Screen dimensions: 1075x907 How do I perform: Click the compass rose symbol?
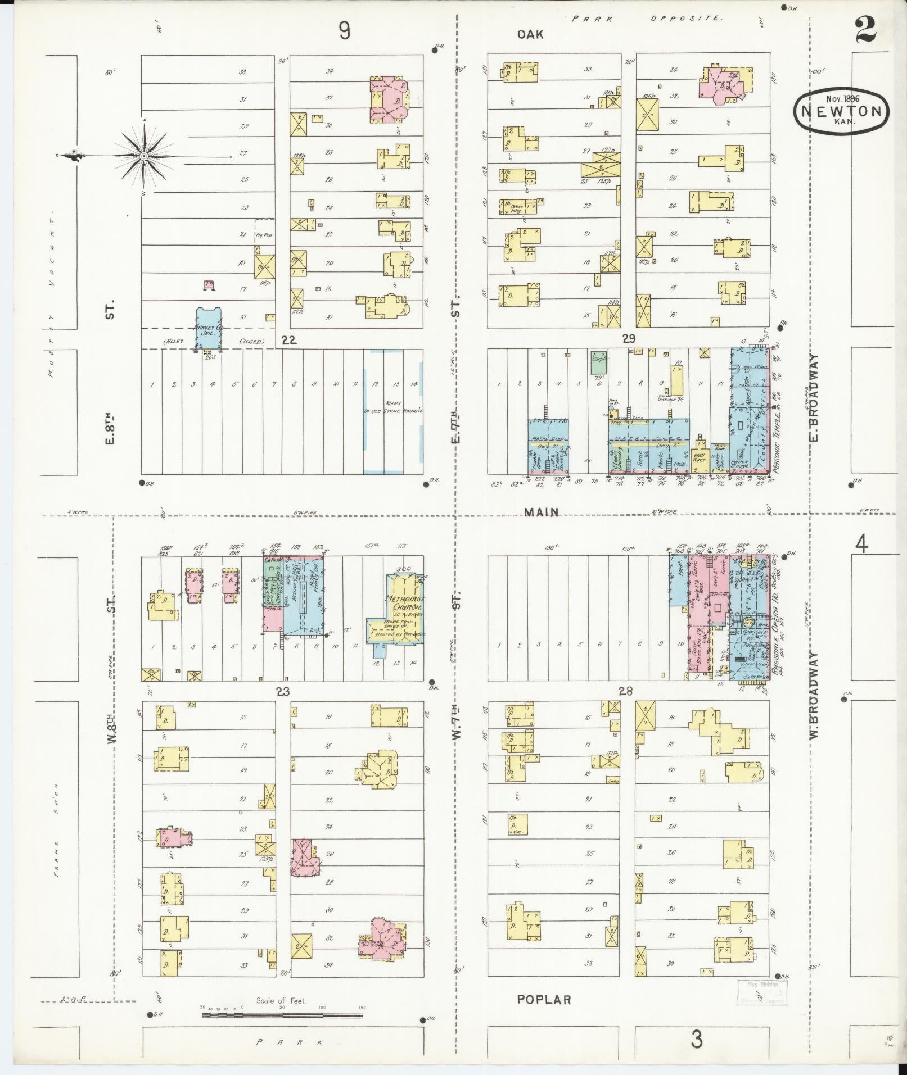click(144, 155)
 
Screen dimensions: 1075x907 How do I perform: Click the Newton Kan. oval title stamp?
click(841, 111)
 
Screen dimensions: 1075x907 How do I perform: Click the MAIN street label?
click(542, 512)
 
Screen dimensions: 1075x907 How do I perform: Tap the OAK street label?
click(530, 35)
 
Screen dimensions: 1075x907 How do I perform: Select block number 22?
click(288, 340)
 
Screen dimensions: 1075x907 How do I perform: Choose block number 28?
click(625, 691)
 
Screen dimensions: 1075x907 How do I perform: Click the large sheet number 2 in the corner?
click(867, 31)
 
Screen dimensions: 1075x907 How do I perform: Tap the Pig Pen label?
click(264, 235)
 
